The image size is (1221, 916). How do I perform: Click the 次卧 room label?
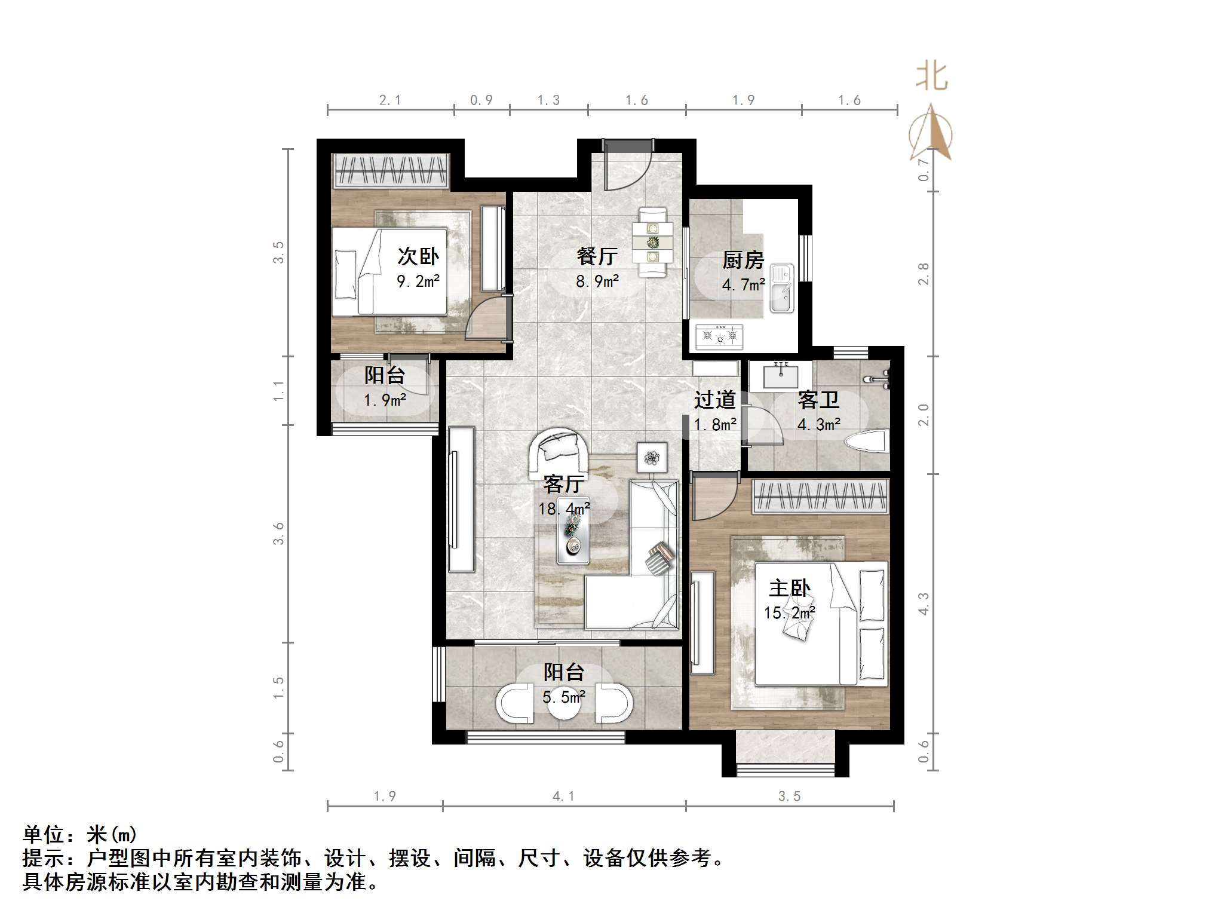[x=418, y=256]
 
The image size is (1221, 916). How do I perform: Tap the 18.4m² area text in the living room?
[x=564, y=509]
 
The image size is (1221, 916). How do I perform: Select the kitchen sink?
[x=781, y=289]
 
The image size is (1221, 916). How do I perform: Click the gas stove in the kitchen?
[x=719, y=337]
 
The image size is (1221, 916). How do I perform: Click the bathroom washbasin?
[x=780, y=376]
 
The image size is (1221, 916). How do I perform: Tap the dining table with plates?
[x=652, y=242]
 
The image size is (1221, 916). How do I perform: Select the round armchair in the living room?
[x=559, y=454]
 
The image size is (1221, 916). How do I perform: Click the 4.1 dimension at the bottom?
[x=563, y=796]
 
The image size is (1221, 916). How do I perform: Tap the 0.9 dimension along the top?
[x=481, y=100]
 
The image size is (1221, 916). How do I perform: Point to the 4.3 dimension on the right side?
[x=924, y=603]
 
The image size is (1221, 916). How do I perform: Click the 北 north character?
[x=932, y=78]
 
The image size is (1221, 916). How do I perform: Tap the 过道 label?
[x=714, y=400]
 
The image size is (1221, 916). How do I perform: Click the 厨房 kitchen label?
[x=743, y=260]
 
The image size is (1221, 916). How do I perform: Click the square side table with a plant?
[x=652, y=458]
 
